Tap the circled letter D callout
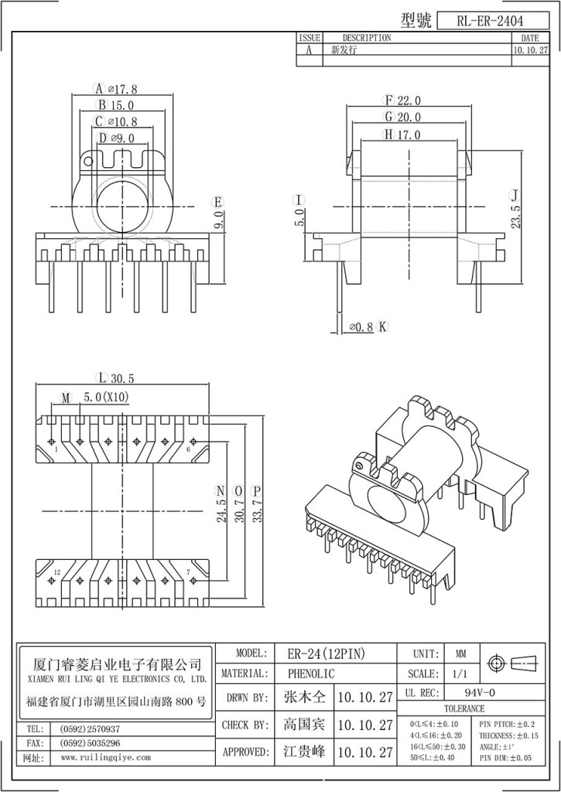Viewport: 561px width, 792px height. click(103, 138)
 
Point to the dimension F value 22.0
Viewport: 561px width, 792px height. click(409, 101)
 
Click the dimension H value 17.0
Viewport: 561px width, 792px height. click(408, 135)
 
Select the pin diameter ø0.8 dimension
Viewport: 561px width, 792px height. click(361, 327)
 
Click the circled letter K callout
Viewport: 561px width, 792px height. click(381, 327)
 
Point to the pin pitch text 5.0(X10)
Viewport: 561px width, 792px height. click(106, 398)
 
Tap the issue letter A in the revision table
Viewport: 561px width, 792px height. click(310, 49)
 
